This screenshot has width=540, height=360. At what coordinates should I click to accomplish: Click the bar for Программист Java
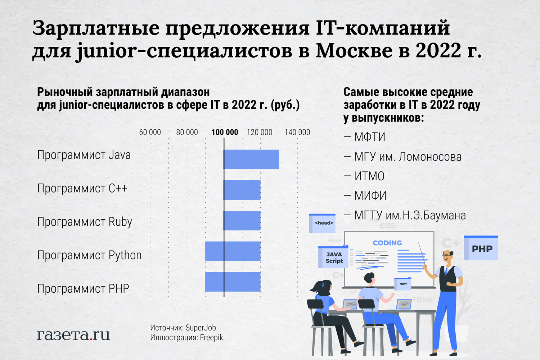pos(251,159)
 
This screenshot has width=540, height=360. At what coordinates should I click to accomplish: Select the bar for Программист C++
pos(242,190)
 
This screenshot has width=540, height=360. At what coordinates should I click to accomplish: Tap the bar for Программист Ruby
pos(242,221)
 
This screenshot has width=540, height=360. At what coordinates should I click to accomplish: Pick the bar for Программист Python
pos(233,251)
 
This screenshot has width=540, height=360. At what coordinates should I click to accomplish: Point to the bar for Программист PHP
pos(233,282)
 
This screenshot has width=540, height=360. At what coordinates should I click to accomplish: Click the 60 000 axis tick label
pos(150,132)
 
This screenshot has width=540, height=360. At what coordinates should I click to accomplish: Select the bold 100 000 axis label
pos(225,132)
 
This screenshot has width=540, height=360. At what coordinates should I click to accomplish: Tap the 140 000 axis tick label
pos(297,132)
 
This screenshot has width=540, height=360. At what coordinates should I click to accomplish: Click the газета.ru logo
pos(73,335)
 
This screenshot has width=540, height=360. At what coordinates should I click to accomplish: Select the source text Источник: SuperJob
pos(183,328)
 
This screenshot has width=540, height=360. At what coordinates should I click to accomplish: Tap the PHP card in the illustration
pos(481,248)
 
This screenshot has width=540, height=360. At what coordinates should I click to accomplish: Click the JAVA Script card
pos(333,257)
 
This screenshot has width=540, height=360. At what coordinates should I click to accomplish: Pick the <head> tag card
pos(322,223)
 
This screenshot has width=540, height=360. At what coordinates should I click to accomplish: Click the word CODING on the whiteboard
pos(387,243)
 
